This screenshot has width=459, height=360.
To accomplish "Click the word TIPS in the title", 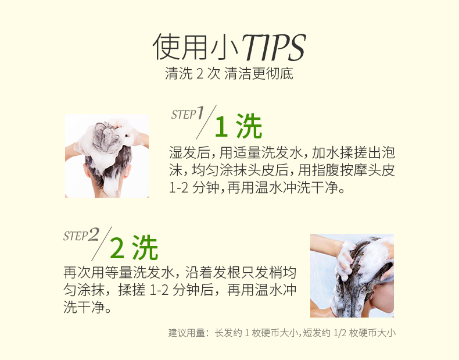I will coord(273,48).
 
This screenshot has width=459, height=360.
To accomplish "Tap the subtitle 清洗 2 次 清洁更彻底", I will coord(229,74).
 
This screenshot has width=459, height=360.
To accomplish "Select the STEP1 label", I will coord(188,113).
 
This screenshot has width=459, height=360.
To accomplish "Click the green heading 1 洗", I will coord(238,127).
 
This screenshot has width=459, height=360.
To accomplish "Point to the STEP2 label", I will coord(81,236).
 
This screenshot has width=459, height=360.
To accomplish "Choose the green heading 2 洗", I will coord(134,248).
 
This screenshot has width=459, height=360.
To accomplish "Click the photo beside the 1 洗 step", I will coord(107,155).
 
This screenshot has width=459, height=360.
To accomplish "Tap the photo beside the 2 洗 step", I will coord(352,275).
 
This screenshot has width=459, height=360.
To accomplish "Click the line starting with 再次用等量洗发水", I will coord(180,272).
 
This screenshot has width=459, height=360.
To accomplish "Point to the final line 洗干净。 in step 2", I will coord(87,307).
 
